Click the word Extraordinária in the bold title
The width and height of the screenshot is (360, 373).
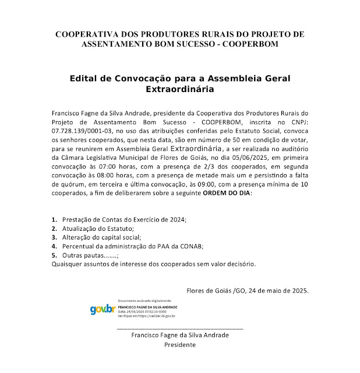coord(179,90)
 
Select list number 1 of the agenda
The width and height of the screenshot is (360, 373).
coord(54,219)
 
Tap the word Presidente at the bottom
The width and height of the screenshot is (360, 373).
coord(180,344)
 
